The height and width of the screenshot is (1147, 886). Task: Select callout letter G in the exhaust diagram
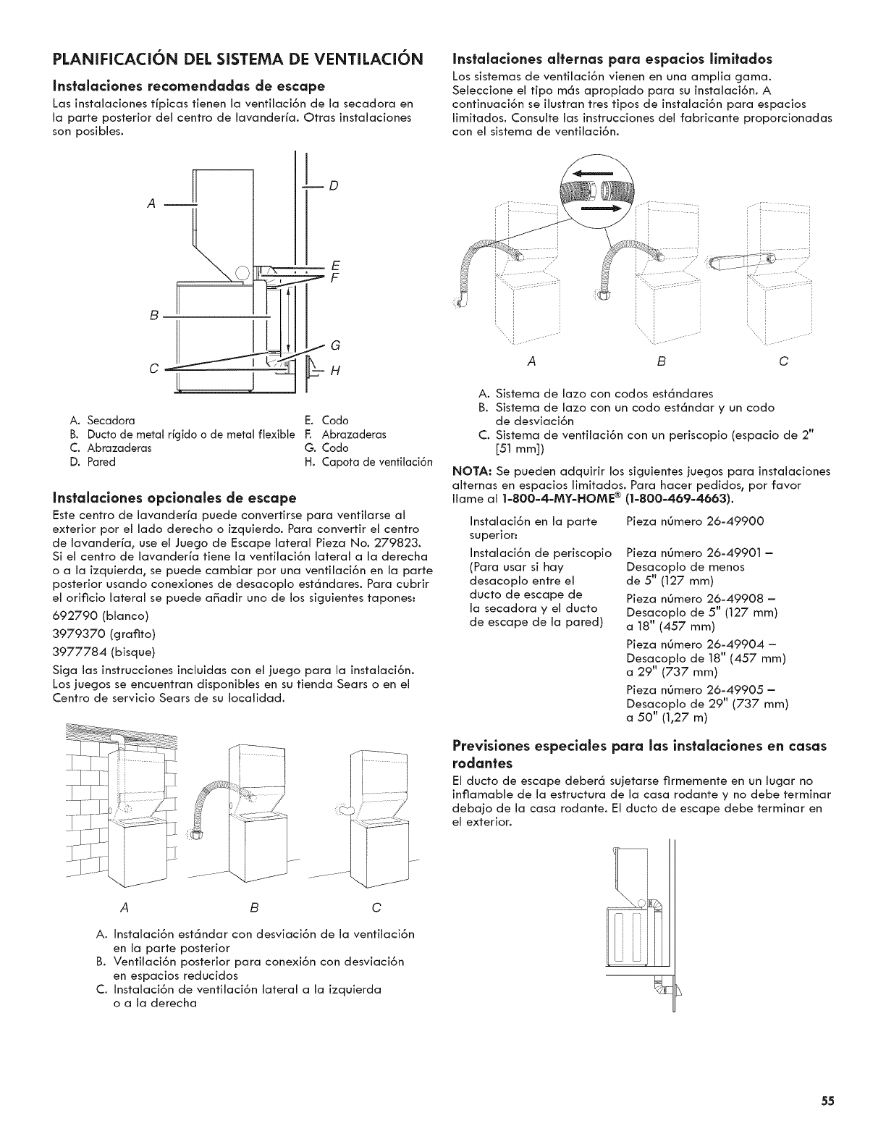[334, 344]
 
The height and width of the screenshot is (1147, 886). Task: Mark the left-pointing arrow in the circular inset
[591, 173]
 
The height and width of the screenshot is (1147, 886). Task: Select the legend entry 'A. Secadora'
[103, 420]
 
